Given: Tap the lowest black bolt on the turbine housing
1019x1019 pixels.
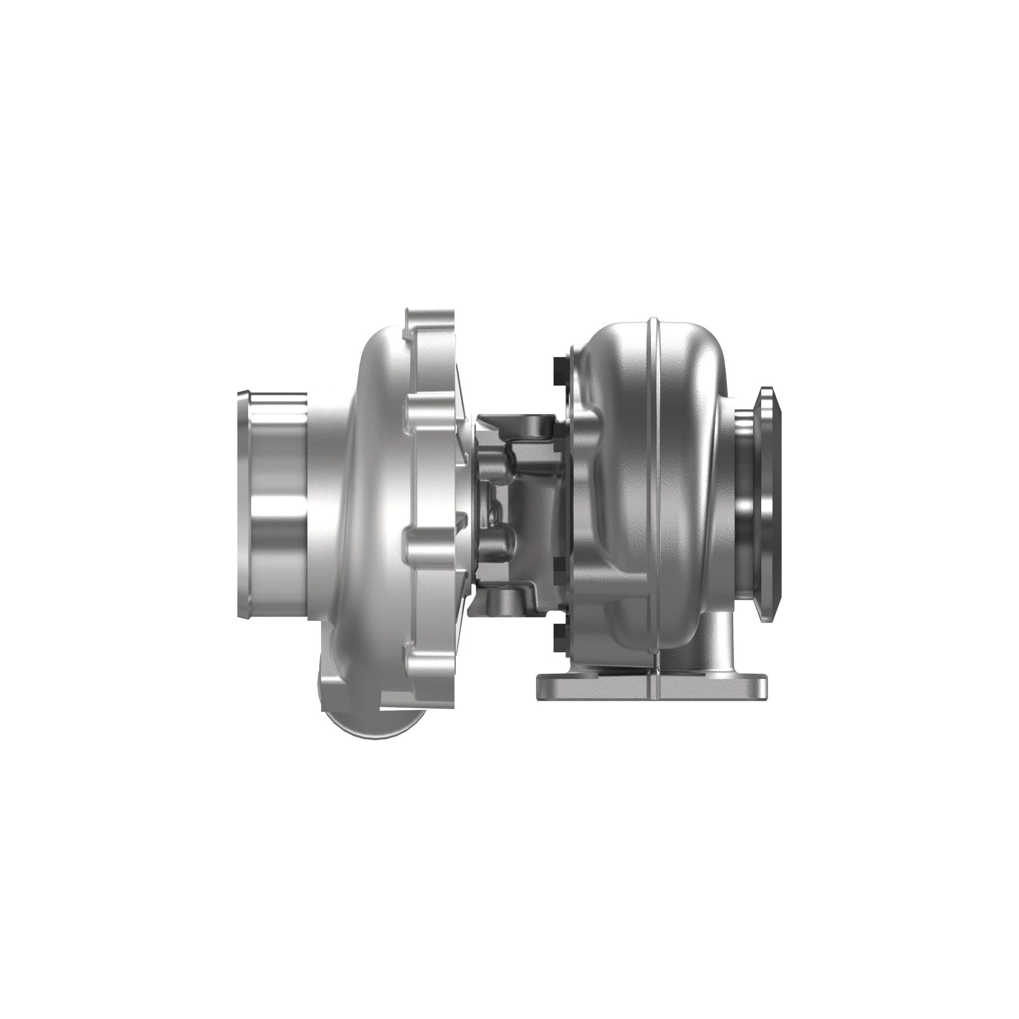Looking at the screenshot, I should tap(558, 639).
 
